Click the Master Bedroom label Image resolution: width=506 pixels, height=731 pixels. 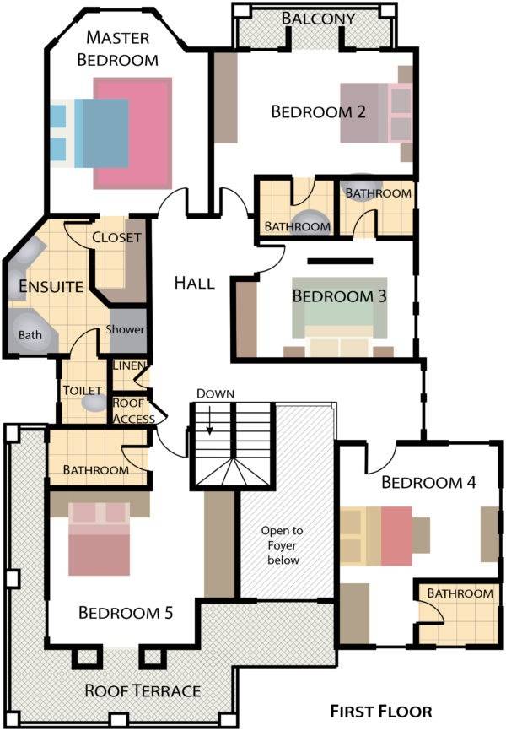click(117, 48)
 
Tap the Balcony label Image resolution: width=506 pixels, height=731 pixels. click(318, 19)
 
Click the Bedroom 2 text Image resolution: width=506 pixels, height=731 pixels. click(318, 112)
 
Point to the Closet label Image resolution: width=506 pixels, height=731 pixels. click(116, 237)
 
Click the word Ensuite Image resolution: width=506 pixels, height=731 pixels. click(51, 286)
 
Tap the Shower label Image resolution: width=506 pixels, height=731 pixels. click(125, 329)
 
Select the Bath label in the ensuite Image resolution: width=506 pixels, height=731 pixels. click(30, 335)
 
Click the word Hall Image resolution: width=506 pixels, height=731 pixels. click(194, 283)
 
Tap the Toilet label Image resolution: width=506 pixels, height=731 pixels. click(83, 390)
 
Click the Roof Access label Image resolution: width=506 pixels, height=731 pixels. click(134, 411)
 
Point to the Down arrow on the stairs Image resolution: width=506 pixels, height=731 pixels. click(210, 420)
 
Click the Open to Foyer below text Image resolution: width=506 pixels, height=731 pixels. click(282, 545)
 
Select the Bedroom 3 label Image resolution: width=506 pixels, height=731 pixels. click(339, 296)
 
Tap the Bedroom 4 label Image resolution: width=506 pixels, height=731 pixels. click(428, 482)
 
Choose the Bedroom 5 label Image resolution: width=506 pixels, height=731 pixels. click(126, 612)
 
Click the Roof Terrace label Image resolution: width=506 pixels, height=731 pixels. click(143, 690)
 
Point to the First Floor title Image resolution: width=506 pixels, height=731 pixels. click(381, 712)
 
